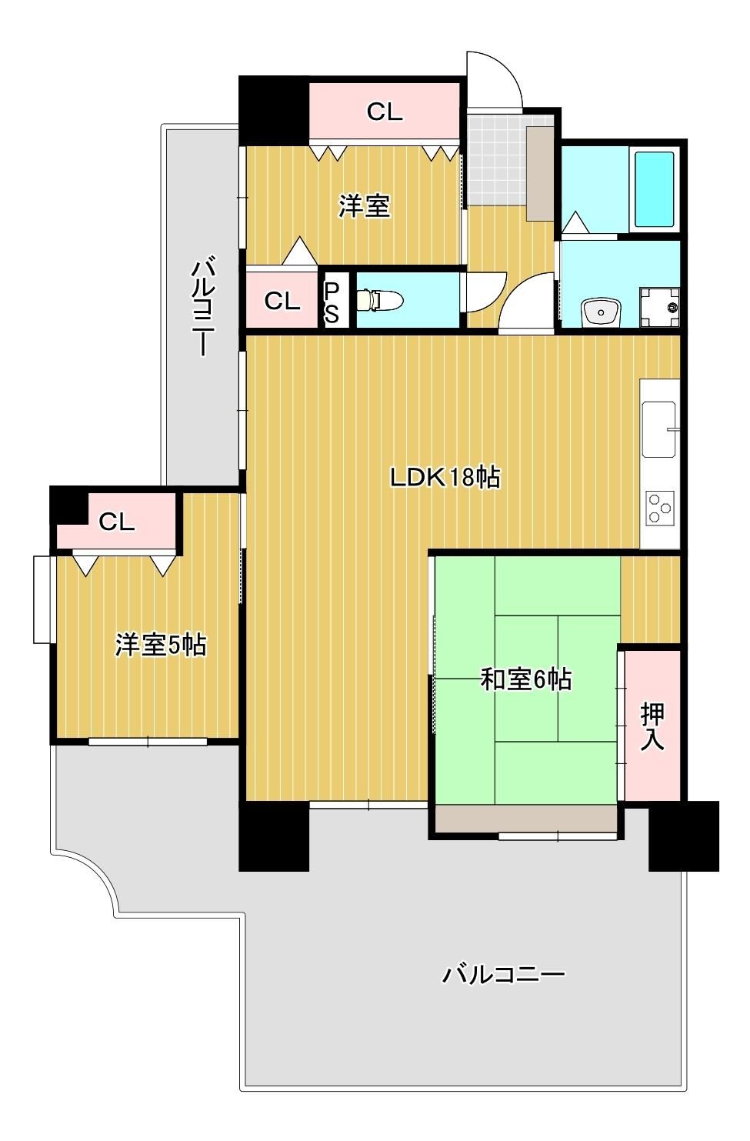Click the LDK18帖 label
click(445, 478)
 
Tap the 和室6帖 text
click(526, 679)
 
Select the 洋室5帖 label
click(161, 646)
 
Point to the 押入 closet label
click(652, 726)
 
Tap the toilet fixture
click(380, 300)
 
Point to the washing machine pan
click(660, 308)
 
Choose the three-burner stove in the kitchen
click(661, 508)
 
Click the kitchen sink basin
click(659, 429)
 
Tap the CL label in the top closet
click(385, 111)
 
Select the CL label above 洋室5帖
click(116, 522)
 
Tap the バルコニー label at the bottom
click(503, 975)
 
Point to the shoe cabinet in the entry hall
click(540, 173)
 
